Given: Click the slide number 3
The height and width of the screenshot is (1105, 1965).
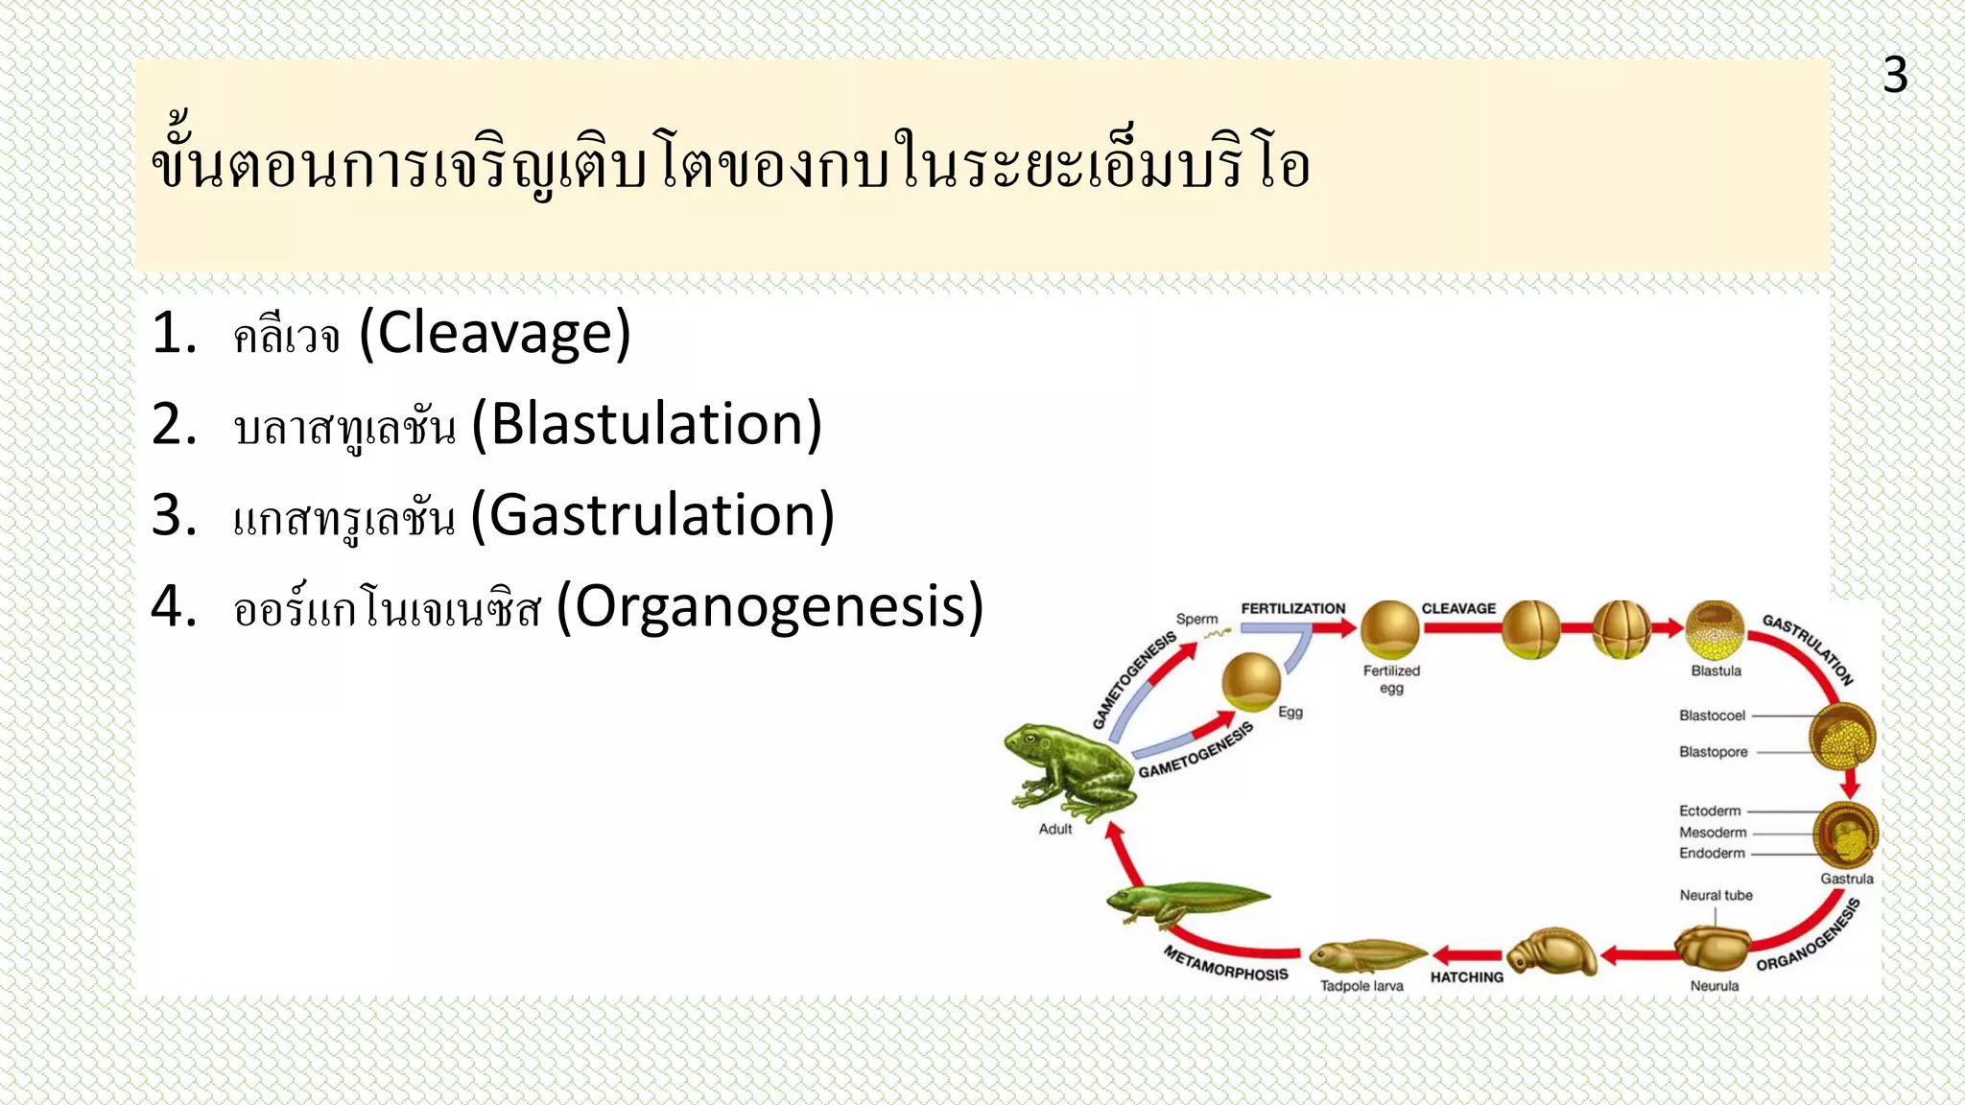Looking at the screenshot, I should [1894, 75].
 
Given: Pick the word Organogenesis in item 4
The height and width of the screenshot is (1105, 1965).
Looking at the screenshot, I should [770, 606].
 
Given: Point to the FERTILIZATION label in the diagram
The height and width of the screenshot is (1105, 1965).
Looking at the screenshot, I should [1292, 608].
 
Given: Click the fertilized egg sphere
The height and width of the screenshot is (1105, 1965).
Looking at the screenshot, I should [1390, 629].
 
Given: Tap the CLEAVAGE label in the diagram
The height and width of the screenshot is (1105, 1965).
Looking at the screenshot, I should [1458, 608].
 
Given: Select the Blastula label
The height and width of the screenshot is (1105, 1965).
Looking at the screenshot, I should [1716, 670].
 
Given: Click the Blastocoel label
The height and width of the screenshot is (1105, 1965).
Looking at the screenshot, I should [1712, 716].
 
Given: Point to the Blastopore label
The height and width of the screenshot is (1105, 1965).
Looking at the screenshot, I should [1713, 752].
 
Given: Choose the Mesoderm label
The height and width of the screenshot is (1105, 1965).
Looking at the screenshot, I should [1713, 833].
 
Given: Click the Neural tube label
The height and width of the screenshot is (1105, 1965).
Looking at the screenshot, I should [1716, 895].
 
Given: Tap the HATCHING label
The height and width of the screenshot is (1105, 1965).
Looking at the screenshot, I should [1466, 976].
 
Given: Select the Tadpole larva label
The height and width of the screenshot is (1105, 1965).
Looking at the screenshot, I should [1361, 986].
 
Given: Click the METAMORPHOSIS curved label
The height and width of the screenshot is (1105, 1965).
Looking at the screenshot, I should [1225, 964].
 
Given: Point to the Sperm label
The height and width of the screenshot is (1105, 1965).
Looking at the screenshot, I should [1196, 619].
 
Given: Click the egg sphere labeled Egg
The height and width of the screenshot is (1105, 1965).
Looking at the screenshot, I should [1251, 681].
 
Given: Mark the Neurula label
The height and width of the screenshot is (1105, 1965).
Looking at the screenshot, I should [1714, 986].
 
